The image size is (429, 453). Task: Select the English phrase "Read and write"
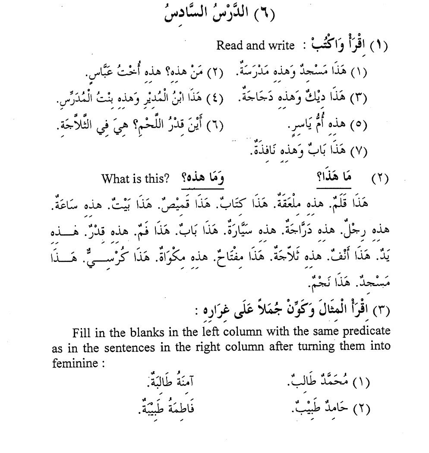(256, 45)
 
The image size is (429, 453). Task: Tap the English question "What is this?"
(135, 178)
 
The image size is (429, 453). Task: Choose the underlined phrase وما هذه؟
(202, 178)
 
